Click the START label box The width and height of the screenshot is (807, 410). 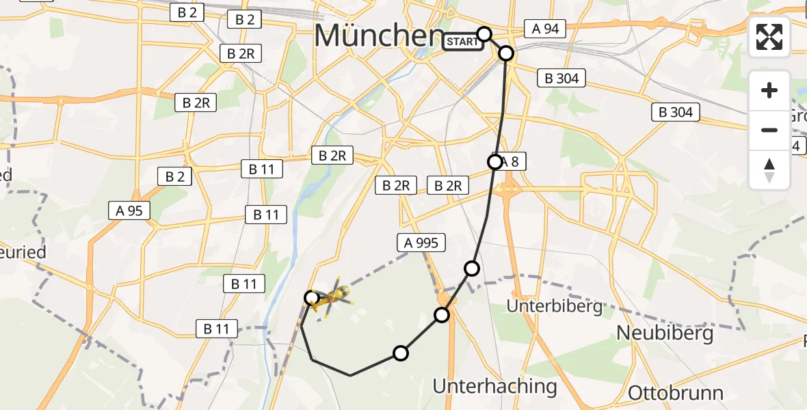click(462, 42)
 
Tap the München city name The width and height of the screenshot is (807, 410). click(379, 36)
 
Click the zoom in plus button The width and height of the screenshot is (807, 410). click(769, 90)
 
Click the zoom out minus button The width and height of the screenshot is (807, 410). click(769, 130)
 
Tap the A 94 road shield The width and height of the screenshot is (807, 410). click(546, 28)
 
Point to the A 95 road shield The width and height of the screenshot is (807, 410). click(129, 210)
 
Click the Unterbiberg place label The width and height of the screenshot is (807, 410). click(555, 305)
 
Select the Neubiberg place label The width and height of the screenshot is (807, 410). click(665, 333)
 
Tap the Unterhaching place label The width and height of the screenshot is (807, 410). click(494, 386)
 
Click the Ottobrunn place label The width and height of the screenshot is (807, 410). click(675, 393)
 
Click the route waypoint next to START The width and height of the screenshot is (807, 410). click(484, 33)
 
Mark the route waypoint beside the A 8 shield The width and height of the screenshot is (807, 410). click(494, 162)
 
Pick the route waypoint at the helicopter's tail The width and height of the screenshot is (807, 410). click(311, 297)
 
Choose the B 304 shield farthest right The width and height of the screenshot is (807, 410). click(676, 112)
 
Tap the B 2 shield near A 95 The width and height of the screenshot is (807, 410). click(174, 176)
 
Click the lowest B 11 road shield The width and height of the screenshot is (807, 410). click(217, 329)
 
